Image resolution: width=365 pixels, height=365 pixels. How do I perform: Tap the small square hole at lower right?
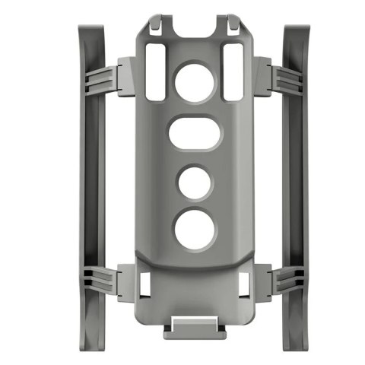[x=243, y=284]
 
